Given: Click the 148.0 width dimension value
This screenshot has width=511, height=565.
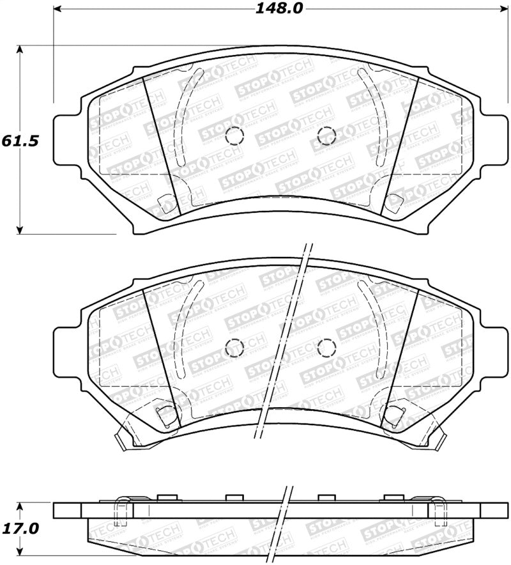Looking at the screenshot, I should (x=278, y=9).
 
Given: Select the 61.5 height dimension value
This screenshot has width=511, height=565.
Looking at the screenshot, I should (x=17, y=141).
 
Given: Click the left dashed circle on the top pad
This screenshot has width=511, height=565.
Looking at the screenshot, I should (x=234, y=135).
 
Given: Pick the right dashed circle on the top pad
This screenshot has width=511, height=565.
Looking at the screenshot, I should (x=326, y=135).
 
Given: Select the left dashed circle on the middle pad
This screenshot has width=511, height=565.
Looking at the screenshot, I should (x=234, y=347).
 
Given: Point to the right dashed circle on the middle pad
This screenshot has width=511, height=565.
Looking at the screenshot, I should (x=326, y=347).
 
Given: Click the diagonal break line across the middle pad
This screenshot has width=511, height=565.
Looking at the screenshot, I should (x=281, y=345).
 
